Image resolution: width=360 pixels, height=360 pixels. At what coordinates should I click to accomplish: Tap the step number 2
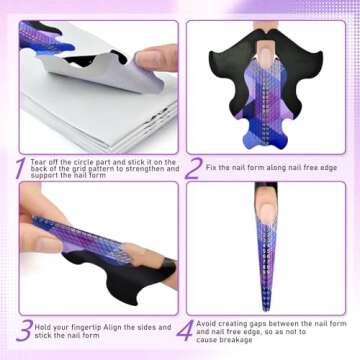coord(194,167)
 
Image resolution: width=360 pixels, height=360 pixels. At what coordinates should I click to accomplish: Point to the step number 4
coord(194,331)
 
